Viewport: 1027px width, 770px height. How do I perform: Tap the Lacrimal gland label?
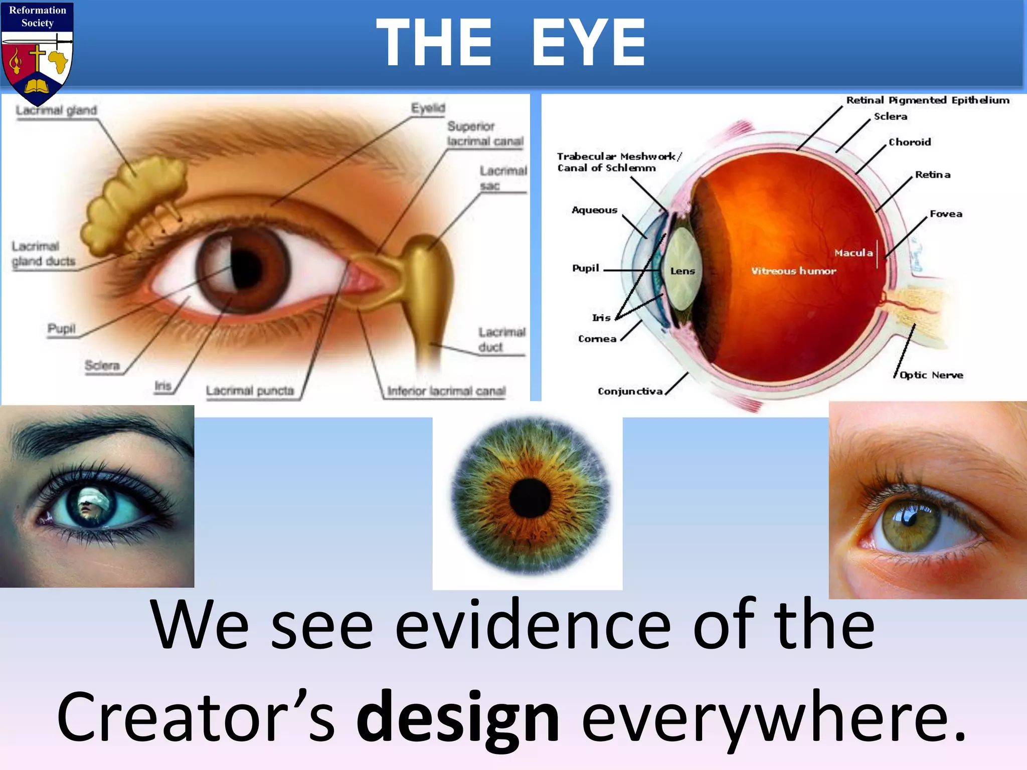pyautogui.click(x=56, y=110)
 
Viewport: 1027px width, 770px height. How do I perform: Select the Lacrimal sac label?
pyautogui.click(x=502, y=178)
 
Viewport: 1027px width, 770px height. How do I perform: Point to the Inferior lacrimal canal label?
pyautogui.click(x=446, y=391)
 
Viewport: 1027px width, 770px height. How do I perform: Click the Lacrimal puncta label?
pyautogui.click(x=250, y=391)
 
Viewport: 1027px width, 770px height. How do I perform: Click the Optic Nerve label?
pyautogui.click(x=931, y=375)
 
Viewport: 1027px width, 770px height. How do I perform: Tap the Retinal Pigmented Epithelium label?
pyautogui.click(x=928, y=100)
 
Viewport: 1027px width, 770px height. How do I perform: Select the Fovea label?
pyautogui.click(x=946, y=214)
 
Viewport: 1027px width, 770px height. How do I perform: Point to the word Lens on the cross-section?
pyautogui.click(x=682, y=271)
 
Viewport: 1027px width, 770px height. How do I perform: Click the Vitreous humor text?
pyautogui.click(x=793, y=271)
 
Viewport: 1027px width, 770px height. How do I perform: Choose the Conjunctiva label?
pyautogui.click(x=630, y=391)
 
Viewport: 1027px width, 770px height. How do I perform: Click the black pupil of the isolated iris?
pyautogui.click(x=530, y=498)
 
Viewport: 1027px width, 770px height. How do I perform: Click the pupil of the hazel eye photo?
pyautogui.click(x=909, y=523)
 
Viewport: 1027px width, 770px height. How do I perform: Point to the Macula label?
pyautogui.click(x=853, y=253)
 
